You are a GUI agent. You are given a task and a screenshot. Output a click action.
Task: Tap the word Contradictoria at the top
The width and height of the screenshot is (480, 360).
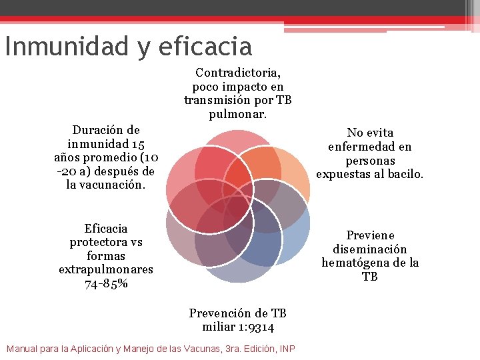click(x=237, y=72)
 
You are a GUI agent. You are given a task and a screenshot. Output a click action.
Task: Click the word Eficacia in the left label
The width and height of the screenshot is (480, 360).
click(x=106, y=228)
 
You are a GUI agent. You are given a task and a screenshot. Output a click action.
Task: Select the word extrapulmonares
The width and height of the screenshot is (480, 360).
click(x=106, y=270)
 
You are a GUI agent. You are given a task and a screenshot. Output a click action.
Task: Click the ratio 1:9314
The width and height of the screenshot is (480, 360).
click(x=254, y=327)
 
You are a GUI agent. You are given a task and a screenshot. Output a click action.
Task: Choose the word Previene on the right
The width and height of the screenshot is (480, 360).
click(x=370, y=235)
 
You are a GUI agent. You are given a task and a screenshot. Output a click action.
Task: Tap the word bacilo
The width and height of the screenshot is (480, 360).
click(x=405, y=175)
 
